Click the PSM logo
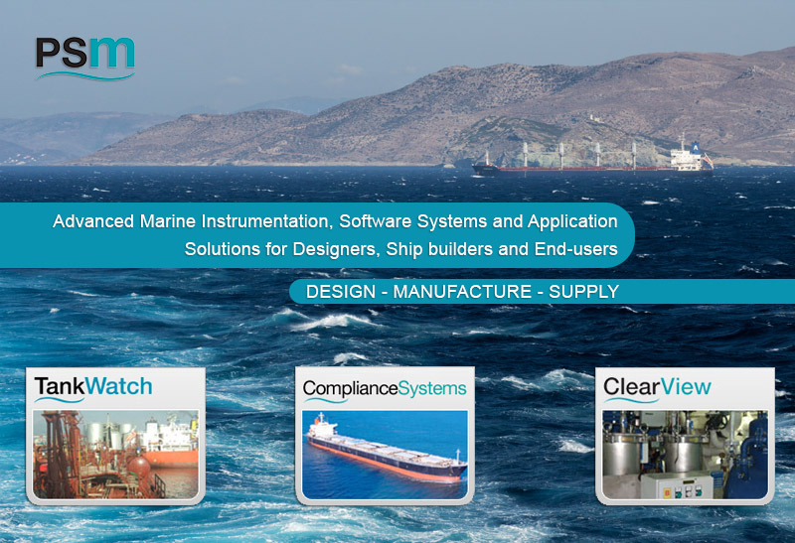click(85, 59)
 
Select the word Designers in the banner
click(336, 249)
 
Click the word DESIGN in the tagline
click(341, 292)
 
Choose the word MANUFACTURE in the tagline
click(462, 292)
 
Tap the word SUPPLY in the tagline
click(584, 292)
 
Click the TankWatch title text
click(93, 387)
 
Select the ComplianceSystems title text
click(385, 388)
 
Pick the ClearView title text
click(657, 387)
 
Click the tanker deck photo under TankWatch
click(115, 455)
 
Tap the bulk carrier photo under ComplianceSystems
click(385, 455)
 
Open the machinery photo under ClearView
click(685, 455)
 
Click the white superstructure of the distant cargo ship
click(687, 159)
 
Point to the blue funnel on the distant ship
click(696, 147)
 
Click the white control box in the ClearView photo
click(677, 485)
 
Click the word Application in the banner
click(572, 221)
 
